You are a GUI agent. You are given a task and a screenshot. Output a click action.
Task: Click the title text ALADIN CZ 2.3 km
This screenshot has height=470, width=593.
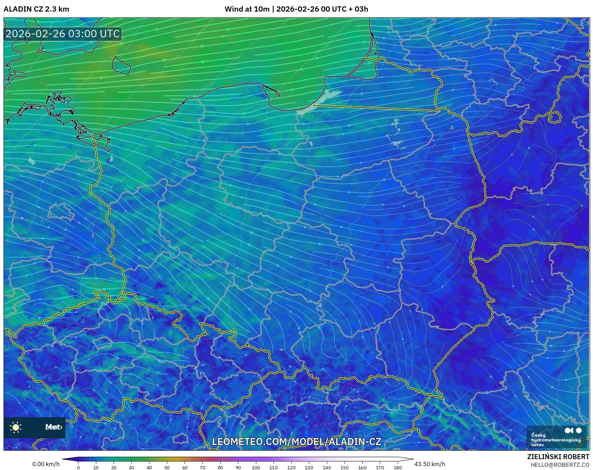[36, 9]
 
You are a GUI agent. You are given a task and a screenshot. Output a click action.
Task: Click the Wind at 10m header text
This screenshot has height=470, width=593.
[296, 9]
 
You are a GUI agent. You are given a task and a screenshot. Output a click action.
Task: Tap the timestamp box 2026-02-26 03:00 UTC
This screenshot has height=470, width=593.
[63, 34]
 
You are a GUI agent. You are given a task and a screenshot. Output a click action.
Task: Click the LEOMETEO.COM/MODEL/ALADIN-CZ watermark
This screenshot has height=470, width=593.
[296, 442]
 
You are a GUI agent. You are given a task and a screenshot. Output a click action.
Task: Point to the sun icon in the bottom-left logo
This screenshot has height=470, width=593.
[16, 427]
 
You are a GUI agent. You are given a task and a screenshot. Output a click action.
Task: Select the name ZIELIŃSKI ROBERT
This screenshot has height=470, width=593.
[558, 457]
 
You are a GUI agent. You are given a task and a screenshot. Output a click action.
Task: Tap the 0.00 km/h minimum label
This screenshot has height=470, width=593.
[46, 464]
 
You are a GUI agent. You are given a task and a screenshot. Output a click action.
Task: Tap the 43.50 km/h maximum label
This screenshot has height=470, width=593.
[430, 464]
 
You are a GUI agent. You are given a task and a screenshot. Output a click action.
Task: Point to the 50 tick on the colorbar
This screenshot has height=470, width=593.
[167, 468]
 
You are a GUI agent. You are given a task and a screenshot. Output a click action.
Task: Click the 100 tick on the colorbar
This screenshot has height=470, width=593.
[256, 468]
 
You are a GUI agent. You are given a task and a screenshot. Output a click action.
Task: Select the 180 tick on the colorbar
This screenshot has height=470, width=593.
[398, 468]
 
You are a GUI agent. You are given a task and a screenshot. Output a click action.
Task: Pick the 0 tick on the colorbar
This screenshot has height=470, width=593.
[78, 468]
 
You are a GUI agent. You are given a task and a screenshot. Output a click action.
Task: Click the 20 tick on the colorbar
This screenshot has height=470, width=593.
[114, 468]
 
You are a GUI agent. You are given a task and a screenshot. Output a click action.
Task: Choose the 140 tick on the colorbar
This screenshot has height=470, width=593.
[327, 468]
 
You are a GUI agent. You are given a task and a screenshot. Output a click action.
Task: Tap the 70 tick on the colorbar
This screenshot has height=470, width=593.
[202, 468]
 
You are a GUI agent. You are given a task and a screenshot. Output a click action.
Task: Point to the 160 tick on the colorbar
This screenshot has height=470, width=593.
[362, 468]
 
